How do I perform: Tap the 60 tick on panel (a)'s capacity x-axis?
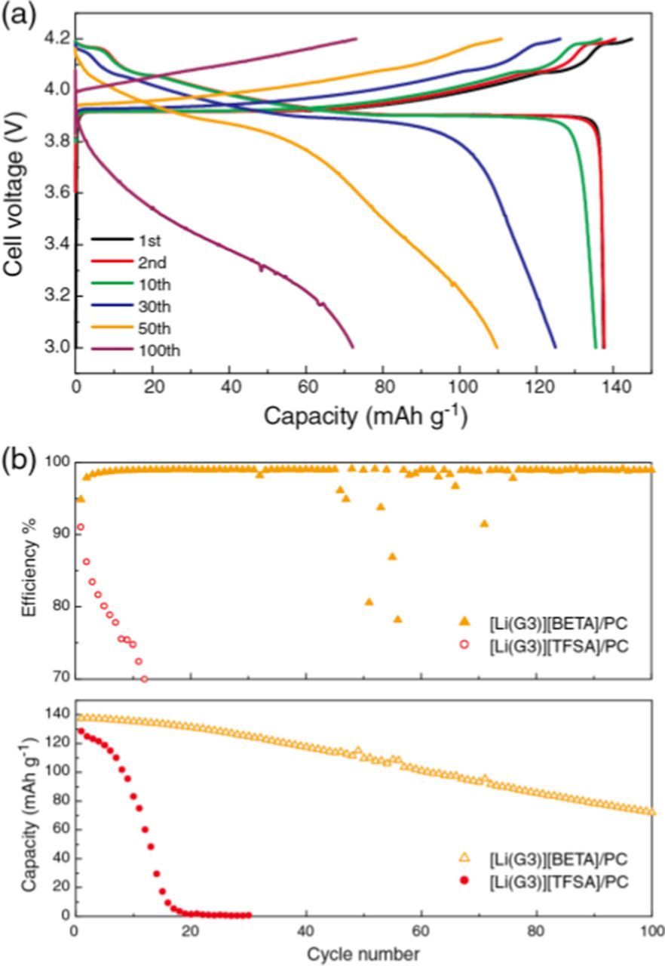[306, 383]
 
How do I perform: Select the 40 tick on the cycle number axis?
[306, 928]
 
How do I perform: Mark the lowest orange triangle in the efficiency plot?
[397, 619]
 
